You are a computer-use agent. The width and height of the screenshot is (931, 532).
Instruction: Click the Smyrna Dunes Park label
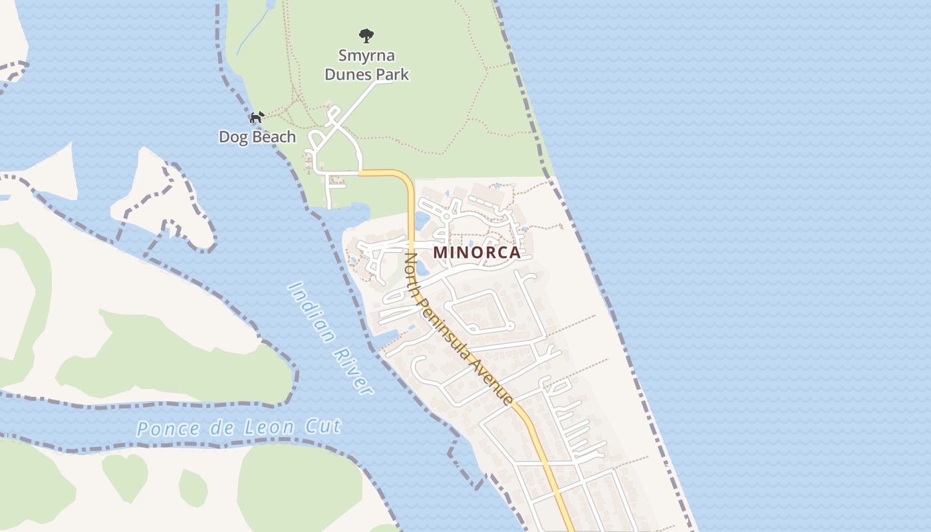point(366,65)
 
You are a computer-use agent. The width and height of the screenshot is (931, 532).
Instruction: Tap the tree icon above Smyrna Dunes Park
point(366,35)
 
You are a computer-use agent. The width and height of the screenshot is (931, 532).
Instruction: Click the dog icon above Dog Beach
point(257,118)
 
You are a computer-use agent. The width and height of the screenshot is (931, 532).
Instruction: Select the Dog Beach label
point(257,137)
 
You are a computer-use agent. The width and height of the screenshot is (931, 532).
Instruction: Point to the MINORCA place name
point(477,253)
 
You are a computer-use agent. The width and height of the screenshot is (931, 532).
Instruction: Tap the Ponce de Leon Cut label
point(239,427)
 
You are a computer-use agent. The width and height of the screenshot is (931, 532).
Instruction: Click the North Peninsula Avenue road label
point(459,328)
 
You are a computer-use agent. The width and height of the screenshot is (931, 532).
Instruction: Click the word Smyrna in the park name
point(366,55)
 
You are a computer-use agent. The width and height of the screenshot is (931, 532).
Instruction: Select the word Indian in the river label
point(311,311)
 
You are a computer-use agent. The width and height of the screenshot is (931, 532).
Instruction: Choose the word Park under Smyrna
point(392,74)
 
